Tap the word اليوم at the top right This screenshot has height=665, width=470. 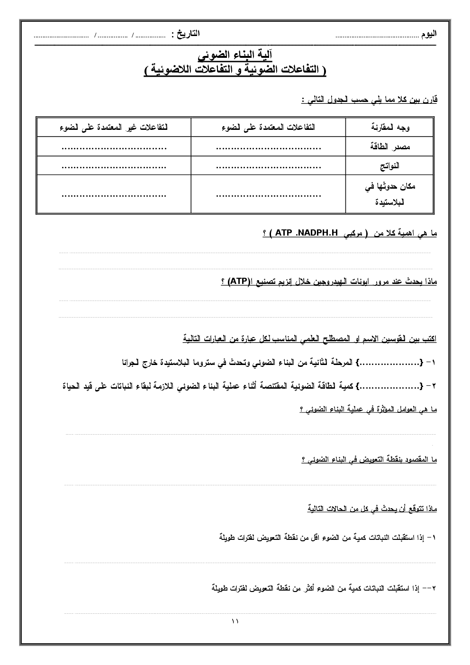point(429,34)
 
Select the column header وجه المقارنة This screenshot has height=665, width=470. point(389,128)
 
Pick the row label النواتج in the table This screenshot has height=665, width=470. point(389,166)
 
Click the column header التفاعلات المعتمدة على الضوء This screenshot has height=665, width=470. point(268,128)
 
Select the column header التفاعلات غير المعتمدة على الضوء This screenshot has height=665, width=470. point(114,128)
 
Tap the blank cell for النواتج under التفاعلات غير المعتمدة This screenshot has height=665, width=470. point(114,166)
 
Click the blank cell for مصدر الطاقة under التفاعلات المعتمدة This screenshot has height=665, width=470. point(268,147)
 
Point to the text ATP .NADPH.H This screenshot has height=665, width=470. point(306,233)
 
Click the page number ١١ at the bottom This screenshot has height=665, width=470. point(235,621)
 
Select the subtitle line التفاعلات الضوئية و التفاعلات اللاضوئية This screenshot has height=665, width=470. point(235,70)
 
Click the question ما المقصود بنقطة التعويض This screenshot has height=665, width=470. point(369,459)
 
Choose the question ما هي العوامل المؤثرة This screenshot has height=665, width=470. point(368,409)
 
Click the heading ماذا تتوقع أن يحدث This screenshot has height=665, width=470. point(372,509)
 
